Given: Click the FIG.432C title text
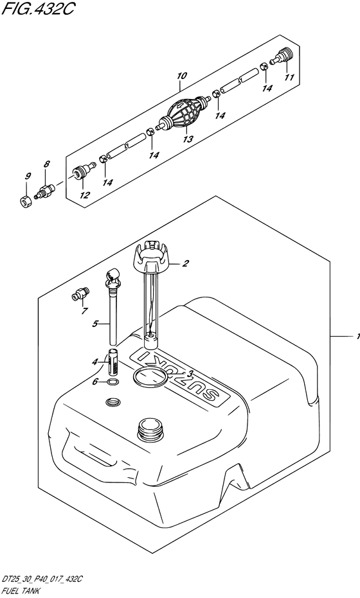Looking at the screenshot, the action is click(x=37, y=9).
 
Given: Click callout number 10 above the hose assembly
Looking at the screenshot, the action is click(x=182, y=76).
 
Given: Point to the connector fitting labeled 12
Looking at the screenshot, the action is click(x=82, y=172).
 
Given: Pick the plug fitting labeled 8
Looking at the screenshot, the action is click(x=44, y=191).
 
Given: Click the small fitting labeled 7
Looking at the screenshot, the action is click(x=80, y=295).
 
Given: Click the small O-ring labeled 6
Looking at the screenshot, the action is click(x=113, y=382).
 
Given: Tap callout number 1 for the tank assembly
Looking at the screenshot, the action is click(x=357, y=337).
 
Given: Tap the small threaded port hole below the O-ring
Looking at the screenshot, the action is click(x=113, y=401).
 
